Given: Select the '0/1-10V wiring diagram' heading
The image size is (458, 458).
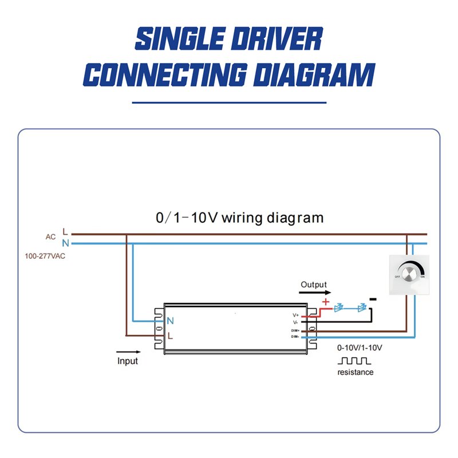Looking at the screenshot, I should pyautogui.click(x=239, y=218).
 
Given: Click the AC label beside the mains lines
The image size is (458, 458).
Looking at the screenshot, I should pyautogui.click(x=50, y=236).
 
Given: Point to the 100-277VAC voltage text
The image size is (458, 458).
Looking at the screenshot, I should pyautogui.click(x=45, y=256).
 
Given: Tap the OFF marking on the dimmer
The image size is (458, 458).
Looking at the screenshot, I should pyautogui.click(x=396, y=277).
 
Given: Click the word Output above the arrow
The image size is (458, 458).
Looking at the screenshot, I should pyautogui.click(x=314, y=285).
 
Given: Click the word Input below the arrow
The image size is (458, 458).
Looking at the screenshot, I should pyautogui.click(x=128, y=361).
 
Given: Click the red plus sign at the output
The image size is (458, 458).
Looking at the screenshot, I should pyautogui.click(x=326, y=302).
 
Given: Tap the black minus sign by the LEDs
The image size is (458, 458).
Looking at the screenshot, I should pyautogui.click(x=373, y=299).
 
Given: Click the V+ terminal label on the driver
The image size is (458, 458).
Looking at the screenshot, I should pyautogui.click(x=295, y=315).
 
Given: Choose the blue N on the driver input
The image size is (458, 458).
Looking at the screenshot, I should pyautogui.click(x=170, y=321).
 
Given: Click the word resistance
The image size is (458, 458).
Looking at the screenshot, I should pyautogui.click(x=355, y=372).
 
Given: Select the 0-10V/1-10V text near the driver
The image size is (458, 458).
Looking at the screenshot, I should pyautogui.click(x=360, y=348).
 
